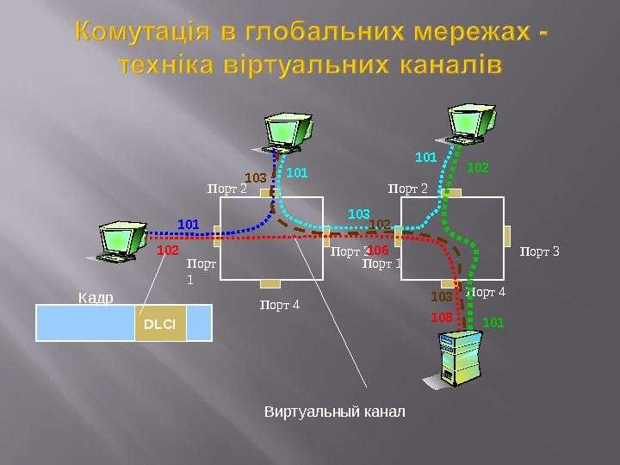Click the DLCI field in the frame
[x=160, y=324]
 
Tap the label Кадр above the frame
[x=96, y=298]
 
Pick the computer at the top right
[x=472, y=122]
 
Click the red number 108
[x=442, y=318]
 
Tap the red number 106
[x=379, y=250]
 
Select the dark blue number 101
[x=188, y=225]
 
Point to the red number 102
[x=167, y=250]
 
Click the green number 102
[x=477, y=167]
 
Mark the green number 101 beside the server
[x=493, y=322]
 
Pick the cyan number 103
[x=358, y=213]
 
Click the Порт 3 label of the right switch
[x=540, y=251]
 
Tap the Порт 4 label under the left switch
[x=280, y=304]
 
